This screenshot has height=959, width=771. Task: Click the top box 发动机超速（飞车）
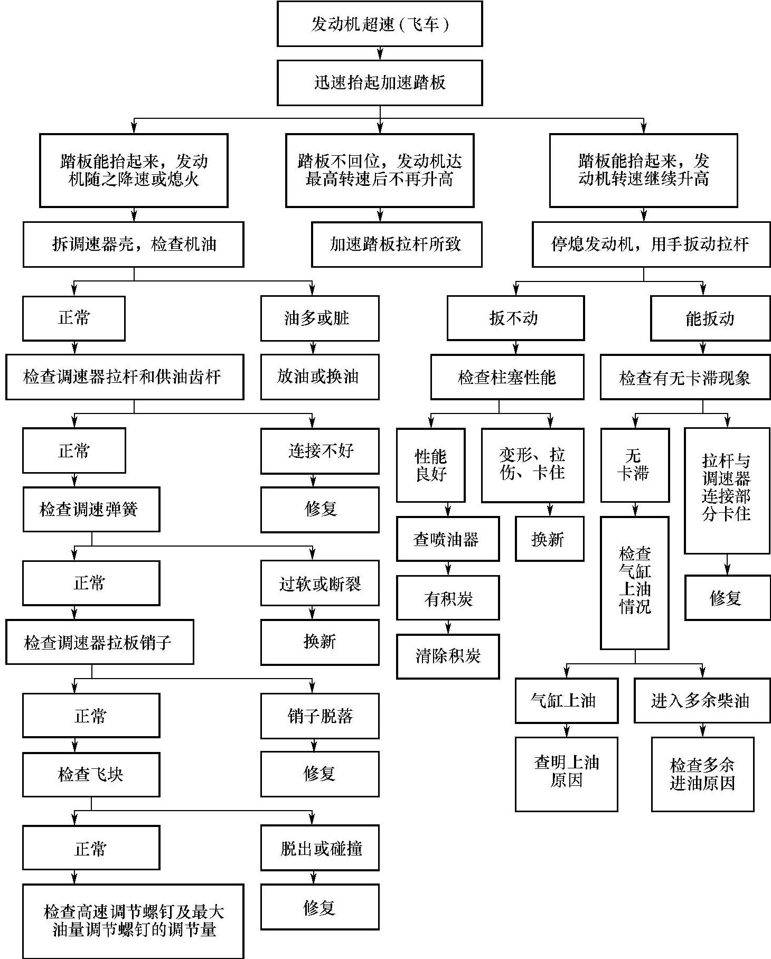click(x=379, y=24)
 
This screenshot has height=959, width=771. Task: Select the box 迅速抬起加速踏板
click(x=379, y=82)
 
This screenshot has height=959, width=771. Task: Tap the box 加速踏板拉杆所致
click(x=396, y=244)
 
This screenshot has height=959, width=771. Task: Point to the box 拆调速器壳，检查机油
click(x=133, y=244)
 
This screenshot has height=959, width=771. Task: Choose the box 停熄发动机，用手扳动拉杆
click(x=651, y=244)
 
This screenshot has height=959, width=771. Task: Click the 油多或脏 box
click(x=319, y=318)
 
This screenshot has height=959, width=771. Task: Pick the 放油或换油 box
click(x=319, y=377)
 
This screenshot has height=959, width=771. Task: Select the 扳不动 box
click(x=515, y=318)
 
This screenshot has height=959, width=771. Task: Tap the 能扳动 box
click(x=710, y=318)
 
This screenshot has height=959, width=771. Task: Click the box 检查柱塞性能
click(x=507, y=377)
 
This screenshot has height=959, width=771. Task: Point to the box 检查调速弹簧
click(x=91, y=509)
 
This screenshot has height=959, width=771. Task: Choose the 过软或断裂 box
click(x=319, y=583)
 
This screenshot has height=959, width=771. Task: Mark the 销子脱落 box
click(x=319, y=716)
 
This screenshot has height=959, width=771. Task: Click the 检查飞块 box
click(x=91, y=774)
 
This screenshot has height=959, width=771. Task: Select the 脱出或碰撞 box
click(x=319, y=848)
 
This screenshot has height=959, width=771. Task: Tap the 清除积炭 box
click(x=448, y=656)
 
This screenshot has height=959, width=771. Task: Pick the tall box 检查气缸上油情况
click(x=634, y=582)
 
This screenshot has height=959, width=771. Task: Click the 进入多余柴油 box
click(x=701, y=700)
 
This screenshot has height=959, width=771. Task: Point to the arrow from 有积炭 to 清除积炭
click(x=448, y=627)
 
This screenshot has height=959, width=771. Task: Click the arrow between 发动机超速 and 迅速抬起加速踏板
click(x=380, y=53)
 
